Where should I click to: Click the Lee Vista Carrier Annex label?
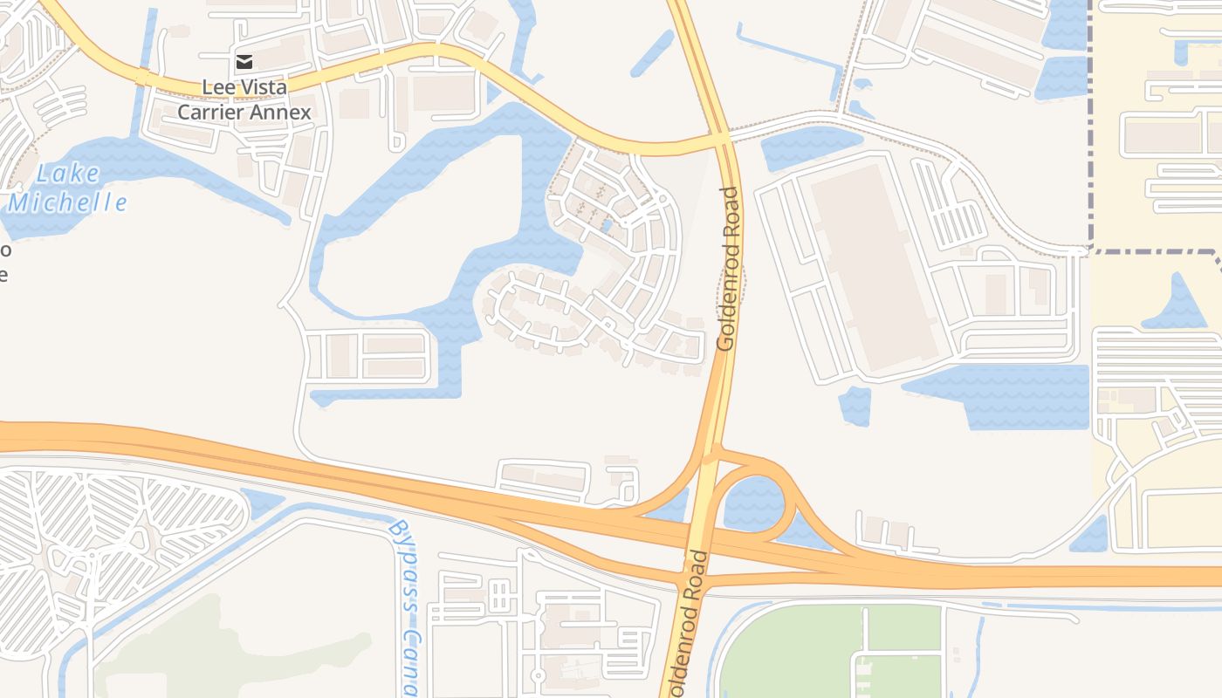coord(244,99)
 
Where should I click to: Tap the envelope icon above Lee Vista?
coord(244,61)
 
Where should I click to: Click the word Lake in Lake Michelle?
coord(68,174)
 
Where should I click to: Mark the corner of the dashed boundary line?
coord(1091,251)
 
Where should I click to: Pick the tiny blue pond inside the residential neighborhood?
coord(606,226)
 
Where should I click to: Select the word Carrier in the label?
coord(209,112)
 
